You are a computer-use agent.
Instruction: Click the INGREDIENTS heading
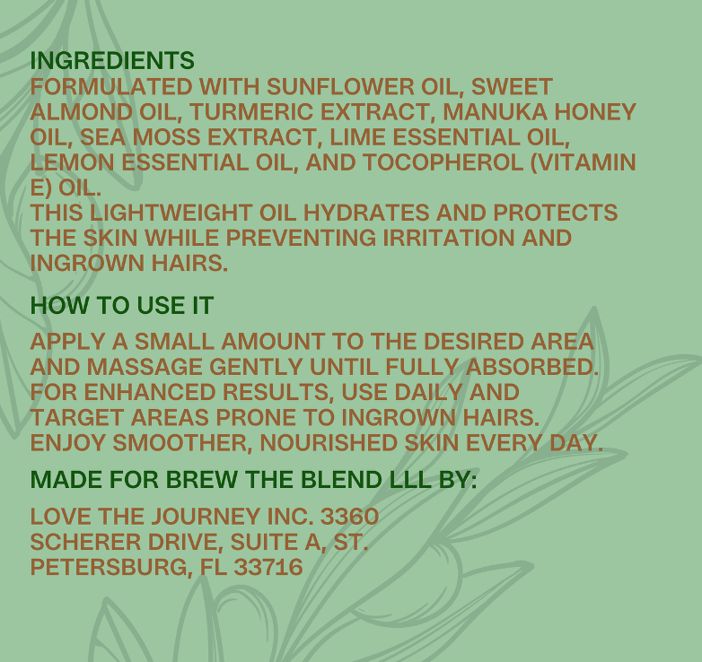pos(112,60)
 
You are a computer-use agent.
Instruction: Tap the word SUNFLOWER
pos(341,86)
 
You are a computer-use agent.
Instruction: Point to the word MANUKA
pos(496,112)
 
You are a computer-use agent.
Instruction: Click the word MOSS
pos(167,137)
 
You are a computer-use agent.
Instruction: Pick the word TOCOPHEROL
pos(443,162)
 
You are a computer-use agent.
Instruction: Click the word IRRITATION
pos(449,238)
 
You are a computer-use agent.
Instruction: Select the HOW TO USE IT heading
pos(122,306)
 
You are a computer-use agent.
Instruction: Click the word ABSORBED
pos(531,367)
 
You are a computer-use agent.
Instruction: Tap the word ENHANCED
pos(150,392)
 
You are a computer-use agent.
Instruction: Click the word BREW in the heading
pos(202,480)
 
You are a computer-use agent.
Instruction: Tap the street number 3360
pos(350,516)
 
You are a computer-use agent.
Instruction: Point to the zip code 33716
pos(268,567)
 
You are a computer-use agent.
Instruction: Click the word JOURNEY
pos(205,516)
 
